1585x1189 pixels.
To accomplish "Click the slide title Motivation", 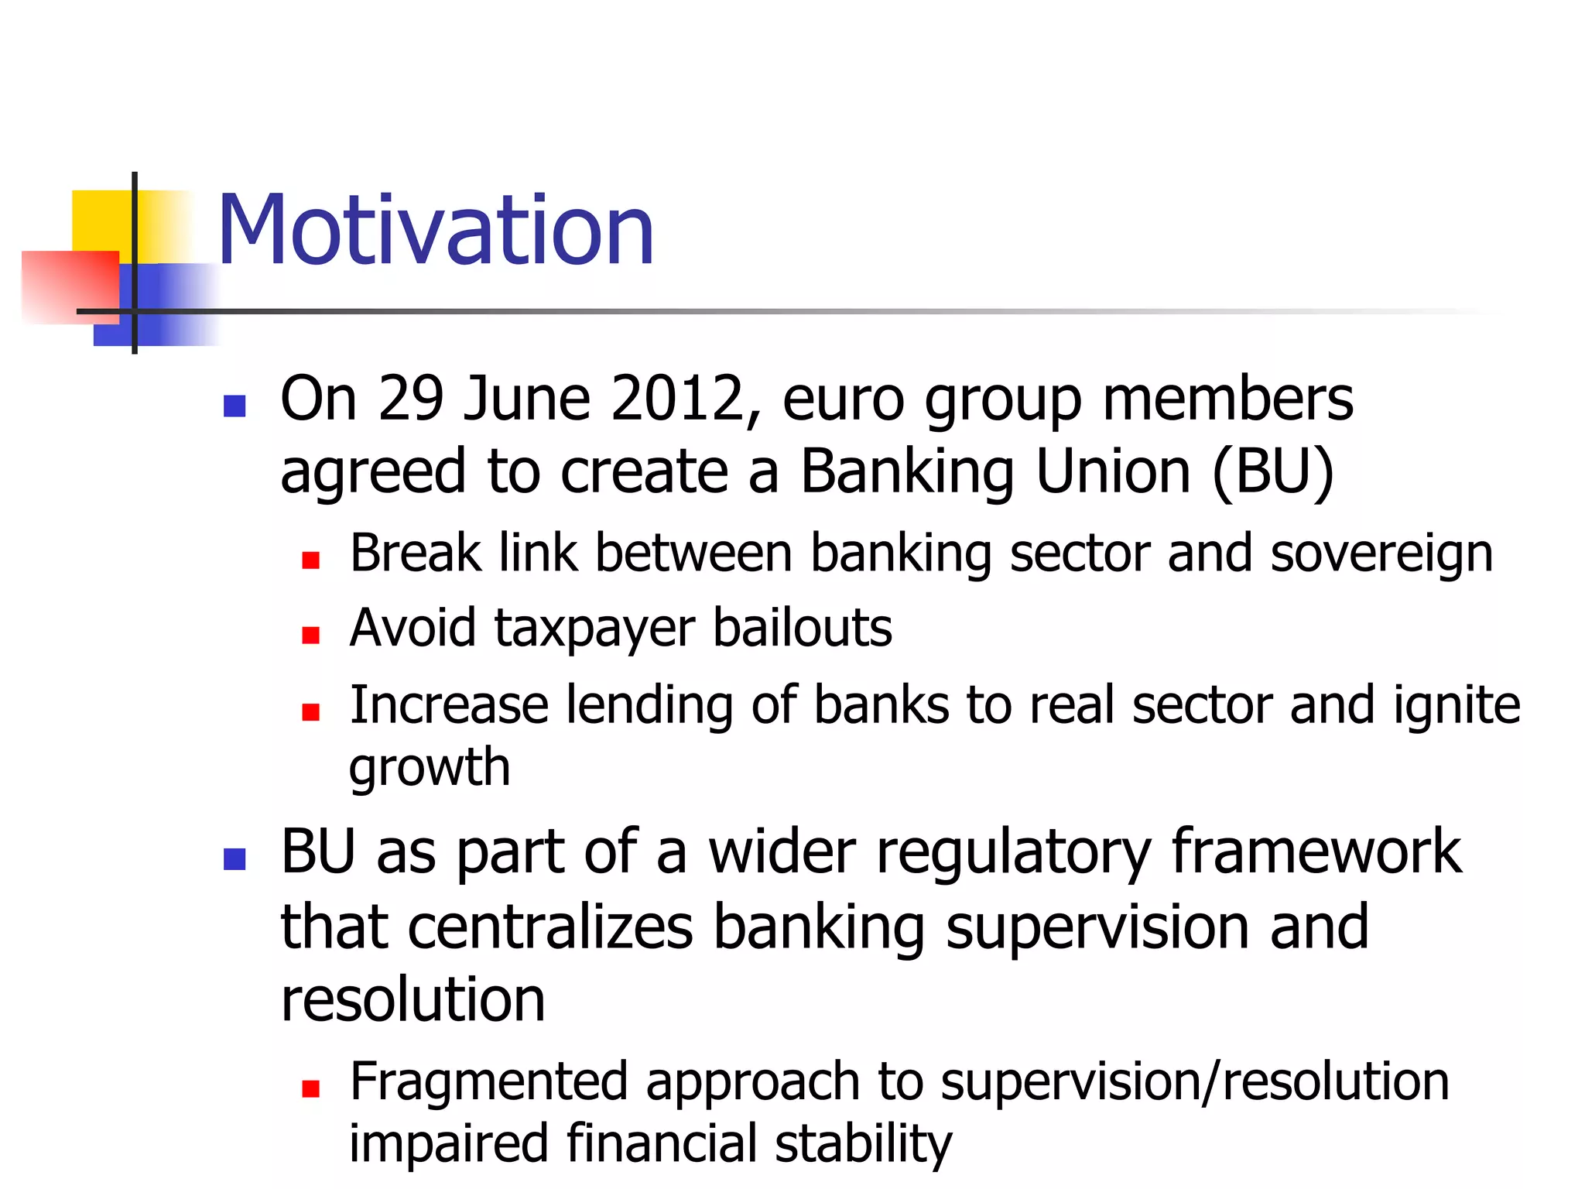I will [x=436, y=230].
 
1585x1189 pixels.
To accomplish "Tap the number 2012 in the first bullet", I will [x=677, y=399].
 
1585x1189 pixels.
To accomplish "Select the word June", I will [x=526, y=399].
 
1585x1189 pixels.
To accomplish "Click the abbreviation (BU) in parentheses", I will [x=1272, y=471].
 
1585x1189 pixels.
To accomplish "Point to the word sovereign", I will [x=1381, y=554].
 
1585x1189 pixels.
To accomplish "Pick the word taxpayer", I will [x=594, y=629].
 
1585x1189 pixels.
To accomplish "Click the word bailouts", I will [x=802, y=627].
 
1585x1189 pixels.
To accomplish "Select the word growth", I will [x=430, y=768].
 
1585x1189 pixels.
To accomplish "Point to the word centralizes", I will [x=550, y=927].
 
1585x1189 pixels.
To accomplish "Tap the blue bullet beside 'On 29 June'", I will [x=234, y=406].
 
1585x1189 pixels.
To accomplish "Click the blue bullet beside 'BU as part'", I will [x=234, y=858].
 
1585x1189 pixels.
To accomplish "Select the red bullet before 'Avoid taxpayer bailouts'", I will [x=311, y=636].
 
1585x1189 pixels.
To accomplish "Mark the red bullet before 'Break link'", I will [x=311, y=560].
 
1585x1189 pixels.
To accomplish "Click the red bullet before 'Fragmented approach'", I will [x=311, y=1089].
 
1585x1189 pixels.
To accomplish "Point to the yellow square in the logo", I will [x=101, y=221].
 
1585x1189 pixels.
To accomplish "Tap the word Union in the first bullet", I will [x=1113, y=471].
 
